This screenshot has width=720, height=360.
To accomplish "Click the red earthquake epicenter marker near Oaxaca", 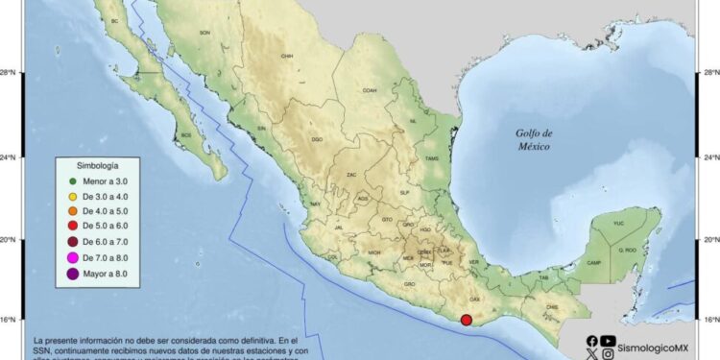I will click(467, 321).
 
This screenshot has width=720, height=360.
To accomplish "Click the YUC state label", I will click(618, 224).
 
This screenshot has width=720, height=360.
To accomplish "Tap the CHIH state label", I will click(286, 56).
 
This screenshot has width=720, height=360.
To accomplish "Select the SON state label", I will click(204, 33).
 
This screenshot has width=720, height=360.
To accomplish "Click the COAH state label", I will click(370, 90).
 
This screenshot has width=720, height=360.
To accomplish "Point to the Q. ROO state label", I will click(629, 250).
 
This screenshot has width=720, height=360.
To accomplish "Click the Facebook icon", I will click(590, 340).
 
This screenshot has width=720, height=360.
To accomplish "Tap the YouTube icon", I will click(608, 340).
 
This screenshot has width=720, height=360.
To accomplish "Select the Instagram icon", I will click(608, 354).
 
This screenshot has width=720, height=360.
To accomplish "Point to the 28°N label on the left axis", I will click(11, 72).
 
